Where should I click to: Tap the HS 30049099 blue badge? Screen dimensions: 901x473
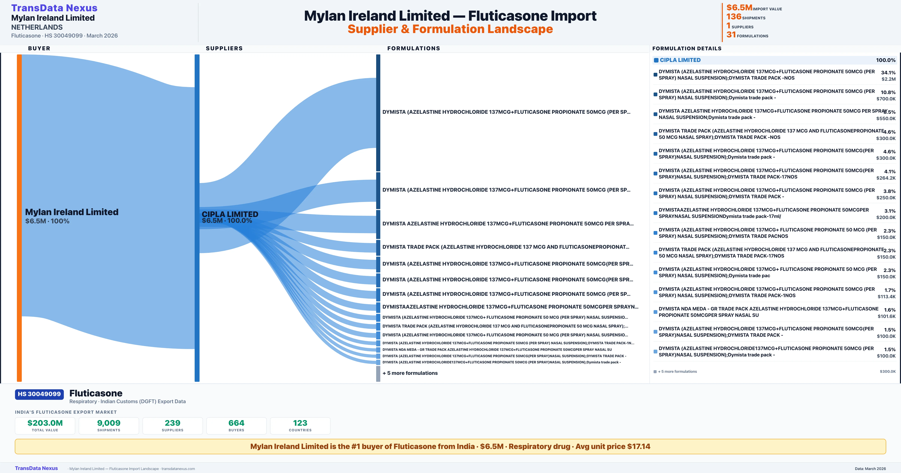pos(39,394)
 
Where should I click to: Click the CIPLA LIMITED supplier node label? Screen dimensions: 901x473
pos(230,214)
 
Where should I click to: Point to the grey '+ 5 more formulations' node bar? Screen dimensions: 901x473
pos(378,373)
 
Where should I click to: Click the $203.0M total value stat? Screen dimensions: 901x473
pos(45,423)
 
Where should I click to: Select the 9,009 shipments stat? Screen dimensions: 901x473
pos(109,423)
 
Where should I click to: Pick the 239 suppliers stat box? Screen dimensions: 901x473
pos(173,426)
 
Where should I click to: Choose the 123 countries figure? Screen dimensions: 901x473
pos(300,423)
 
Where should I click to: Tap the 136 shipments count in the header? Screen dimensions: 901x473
pos(734,17)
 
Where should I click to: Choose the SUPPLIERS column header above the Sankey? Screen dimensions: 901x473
pos(224,48)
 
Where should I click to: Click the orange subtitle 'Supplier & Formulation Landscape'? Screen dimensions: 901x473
pos(450,29)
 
